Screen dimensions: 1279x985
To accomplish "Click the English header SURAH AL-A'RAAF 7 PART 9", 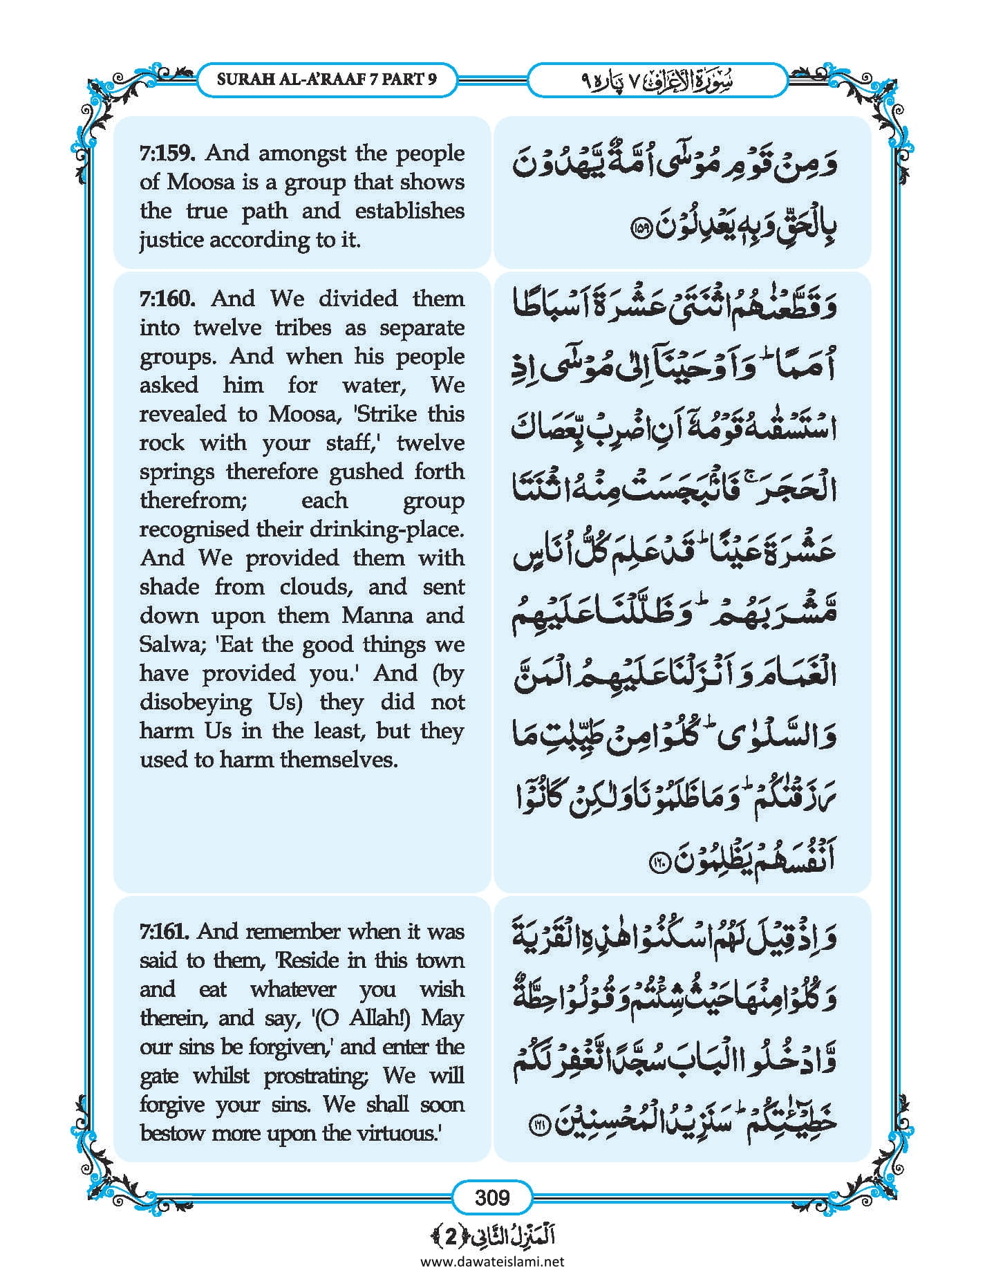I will click(x=326, y=79).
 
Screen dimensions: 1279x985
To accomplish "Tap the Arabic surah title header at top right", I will click(x=657, y=80).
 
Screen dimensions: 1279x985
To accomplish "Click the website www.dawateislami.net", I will click(x=492, y=1261).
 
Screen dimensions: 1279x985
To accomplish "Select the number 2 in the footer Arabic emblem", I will click(x=451, y=1238).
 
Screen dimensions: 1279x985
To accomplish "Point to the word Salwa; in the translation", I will click(x=170, y=644).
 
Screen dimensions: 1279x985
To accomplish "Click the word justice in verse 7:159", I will click(x=171, y=240).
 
